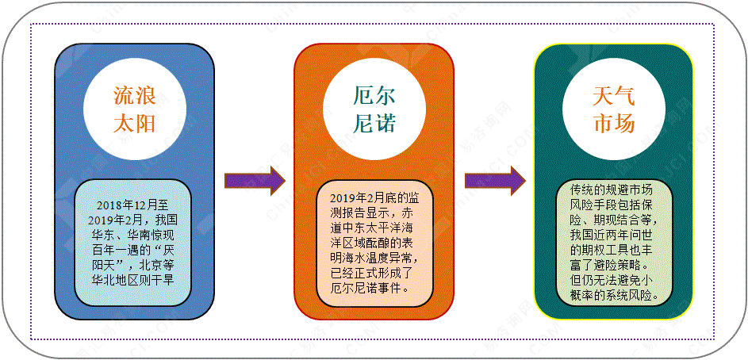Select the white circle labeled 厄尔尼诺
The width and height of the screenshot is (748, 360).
(x=374, y=111)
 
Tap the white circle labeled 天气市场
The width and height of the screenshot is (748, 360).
(x=613, y=111)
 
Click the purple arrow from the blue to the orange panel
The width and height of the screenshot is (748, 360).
(x=254, y=181)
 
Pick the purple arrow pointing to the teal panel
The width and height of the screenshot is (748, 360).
(x=494, y=181)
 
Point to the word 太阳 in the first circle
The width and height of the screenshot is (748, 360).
(x=133, y=124)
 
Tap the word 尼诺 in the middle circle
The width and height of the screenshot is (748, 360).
(x=374, y=124)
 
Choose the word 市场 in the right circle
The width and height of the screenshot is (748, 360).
(x=613, y=124)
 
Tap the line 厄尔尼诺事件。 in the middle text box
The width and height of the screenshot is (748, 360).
(x=370, y=288)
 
